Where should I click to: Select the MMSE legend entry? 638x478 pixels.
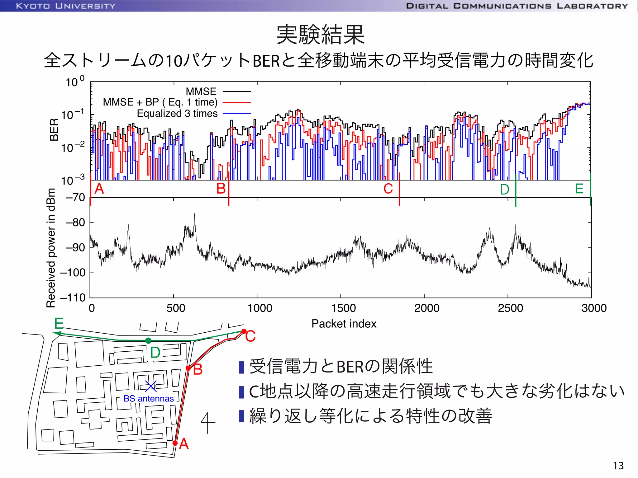(201, 91)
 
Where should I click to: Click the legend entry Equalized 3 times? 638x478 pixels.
(177, 113)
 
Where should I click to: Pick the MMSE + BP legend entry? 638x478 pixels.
(160, 102)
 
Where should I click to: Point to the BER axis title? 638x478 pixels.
(54, 129)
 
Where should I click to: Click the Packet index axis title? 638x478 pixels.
(344, 324)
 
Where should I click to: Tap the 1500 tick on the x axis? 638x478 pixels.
(343, 308)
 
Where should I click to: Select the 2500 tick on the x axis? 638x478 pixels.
(510, 308)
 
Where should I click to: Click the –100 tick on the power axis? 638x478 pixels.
(73, 273)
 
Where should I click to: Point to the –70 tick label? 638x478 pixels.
(75, 197)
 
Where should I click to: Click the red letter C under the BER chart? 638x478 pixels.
(388, 189)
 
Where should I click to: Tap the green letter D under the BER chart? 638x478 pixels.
(505, 190)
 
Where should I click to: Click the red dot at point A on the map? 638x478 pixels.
(175, 443)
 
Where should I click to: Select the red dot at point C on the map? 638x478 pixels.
(244, 331)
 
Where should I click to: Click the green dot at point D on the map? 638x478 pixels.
(148, 341)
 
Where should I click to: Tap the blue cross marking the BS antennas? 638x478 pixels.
(151, 386)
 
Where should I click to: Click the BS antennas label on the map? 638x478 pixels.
(149, 399)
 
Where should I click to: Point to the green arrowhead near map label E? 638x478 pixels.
(56, 334)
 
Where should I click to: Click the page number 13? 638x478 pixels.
(618, 466)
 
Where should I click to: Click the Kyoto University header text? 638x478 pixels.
(66, 6)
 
